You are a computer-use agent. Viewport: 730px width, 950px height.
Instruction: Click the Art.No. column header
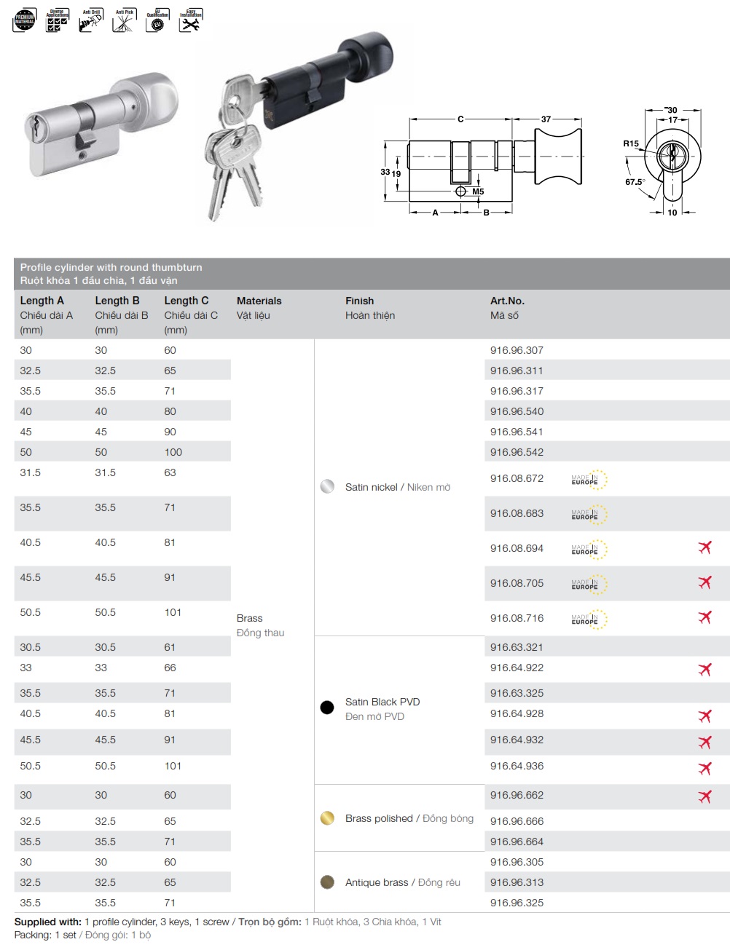coord(507,301)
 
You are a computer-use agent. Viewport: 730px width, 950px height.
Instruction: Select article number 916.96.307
coord(517,350)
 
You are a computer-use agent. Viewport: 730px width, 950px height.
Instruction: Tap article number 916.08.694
coord(517,548)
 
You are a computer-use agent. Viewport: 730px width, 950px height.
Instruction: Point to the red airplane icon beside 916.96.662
coord(705,796)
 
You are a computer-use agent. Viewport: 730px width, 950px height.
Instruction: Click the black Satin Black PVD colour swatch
coord(327,707)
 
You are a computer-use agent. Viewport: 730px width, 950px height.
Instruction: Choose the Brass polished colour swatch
coord(327,818)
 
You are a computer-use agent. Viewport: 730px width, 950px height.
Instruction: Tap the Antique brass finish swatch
coord(327,882)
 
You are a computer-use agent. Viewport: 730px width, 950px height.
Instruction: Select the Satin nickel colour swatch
coord(327,486)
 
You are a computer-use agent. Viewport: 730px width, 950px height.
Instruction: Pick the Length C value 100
coord(173,452)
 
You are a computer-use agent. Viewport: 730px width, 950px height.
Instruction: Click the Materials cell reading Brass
coord(249,618)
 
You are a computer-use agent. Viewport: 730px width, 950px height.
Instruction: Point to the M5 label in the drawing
coord(478,191)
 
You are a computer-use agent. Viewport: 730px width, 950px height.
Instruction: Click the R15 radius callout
coord(630,144)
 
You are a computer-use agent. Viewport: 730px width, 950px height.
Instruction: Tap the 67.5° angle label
coord(635,182)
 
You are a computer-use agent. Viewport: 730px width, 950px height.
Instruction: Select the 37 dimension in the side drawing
coord(546,119)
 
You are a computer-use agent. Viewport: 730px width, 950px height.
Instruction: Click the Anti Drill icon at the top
coord(91,20)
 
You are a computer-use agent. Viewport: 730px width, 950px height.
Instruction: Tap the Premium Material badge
coord(25,20)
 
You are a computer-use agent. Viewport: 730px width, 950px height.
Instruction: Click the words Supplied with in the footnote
coord(47,922)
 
